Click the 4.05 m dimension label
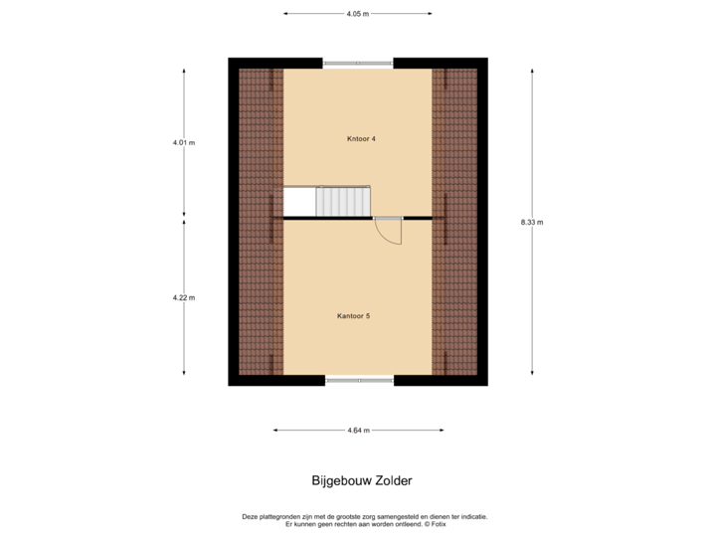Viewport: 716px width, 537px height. [x=357, y=14]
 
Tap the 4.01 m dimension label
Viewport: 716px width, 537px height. [x=184, y=142]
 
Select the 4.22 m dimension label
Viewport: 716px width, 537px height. [x=184, y=296]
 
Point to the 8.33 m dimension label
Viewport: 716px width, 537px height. [x=532, y=223]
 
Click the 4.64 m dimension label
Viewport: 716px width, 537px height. [x=358, y=431]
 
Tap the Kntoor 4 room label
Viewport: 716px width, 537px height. [x=361, y=139]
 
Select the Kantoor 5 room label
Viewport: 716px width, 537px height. [x=354, y=316]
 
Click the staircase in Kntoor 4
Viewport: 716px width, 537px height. [x=343, y=202]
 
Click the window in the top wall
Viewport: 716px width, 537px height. [x=358, y=64]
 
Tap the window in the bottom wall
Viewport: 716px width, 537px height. [x=358, y=380]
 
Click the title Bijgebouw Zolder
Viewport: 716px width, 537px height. [x=361, y=480]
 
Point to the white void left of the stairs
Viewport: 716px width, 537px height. [x=299, y=202]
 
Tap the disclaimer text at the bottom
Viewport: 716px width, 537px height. [x=365, y=519]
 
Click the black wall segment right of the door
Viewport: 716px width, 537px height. [x=417, y=218]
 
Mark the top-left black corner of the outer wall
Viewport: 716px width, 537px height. [x=234, y=63]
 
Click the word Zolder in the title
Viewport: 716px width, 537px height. [x=392, y=480]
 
